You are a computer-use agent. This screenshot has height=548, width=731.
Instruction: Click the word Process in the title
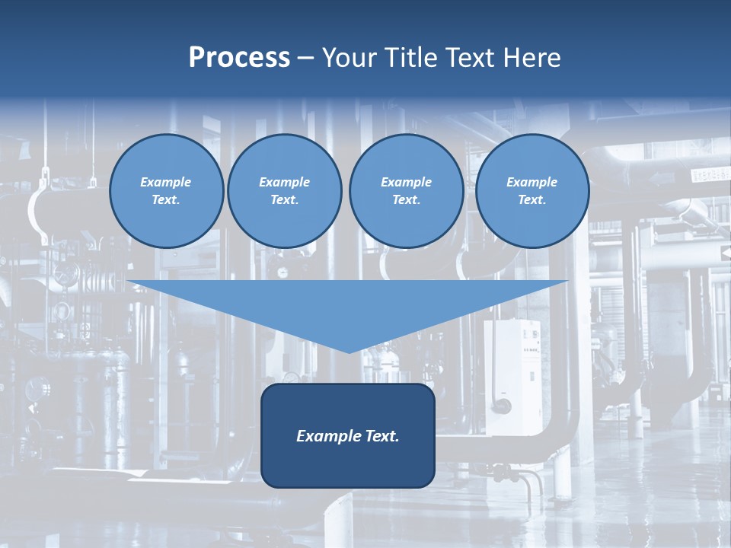tap(239, 58)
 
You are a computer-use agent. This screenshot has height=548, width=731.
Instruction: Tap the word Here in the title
tap(531, 58)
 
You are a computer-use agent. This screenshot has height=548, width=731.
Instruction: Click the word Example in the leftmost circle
tap(166, 182)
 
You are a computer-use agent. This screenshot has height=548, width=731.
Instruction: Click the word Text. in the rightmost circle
tap(532, 200)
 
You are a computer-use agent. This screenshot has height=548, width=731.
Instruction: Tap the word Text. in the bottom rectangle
tap(382, 436)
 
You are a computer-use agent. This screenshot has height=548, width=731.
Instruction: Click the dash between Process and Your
tap(305, 59)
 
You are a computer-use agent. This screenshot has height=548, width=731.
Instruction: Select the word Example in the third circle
tap(406, 182)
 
